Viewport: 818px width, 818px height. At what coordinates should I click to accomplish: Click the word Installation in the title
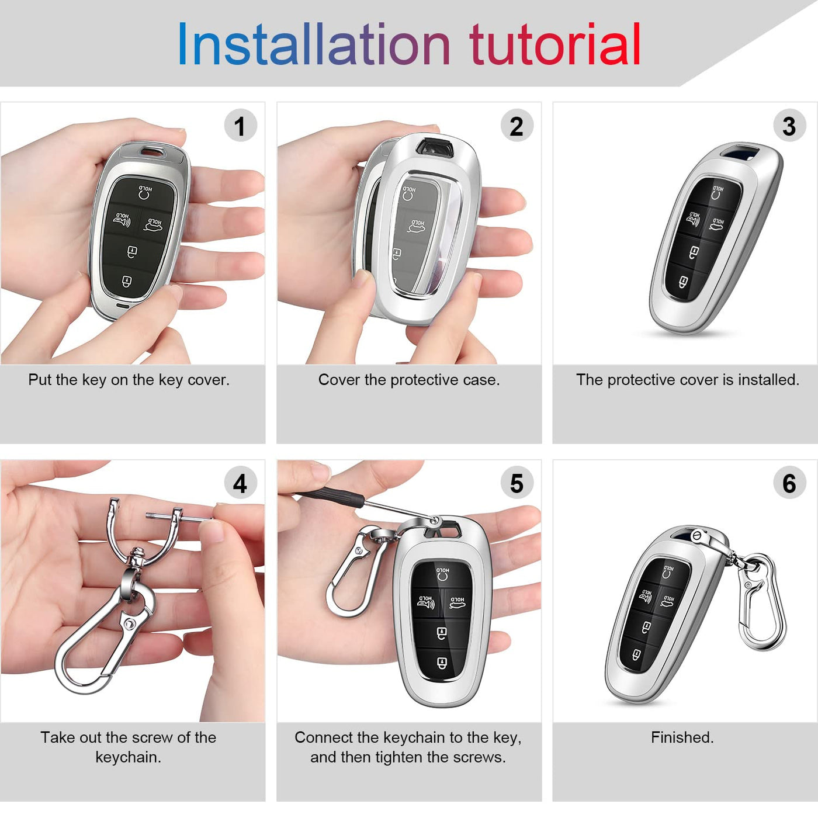point(314,44)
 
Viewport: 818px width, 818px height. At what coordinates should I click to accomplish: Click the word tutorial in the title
point(554,44)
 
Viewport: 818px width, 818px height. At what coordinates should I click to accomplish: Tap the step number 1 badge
point(240,126)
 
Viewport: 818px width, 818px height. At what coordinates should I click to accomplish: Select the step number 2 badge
point(517,126)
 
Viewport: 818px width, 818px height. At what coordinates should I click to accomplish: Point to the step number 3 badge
point(789,126)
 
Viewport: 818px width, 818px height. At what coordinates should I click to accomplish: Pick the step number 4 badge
point(240,483)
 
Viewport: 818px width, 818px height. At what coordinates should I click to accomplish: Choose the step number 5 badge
point(517,483)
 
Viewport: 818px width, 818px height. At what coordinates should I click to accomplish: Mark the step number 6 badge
point(789,483)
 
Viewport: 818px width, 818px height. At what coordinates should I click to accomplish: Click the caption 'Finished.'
point(682,737)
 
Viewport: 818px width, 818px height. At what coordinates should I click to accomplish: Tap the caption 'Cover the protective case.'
point(409,380)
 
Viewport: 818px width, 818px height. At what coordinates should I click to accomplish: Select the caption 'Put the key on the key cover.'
point(129,380)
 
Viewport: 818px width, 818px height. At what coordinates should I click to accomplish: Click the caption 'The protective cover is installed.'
point(688,380)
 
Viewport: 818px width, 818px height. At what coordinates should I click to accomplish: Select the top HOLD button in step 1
point(145,192)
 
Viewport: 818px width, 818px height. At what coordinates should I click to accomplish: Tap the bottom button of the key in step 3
point(683,282)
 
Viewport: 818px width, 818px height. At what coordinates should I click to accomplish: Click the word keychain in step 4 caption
point(128,757)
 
